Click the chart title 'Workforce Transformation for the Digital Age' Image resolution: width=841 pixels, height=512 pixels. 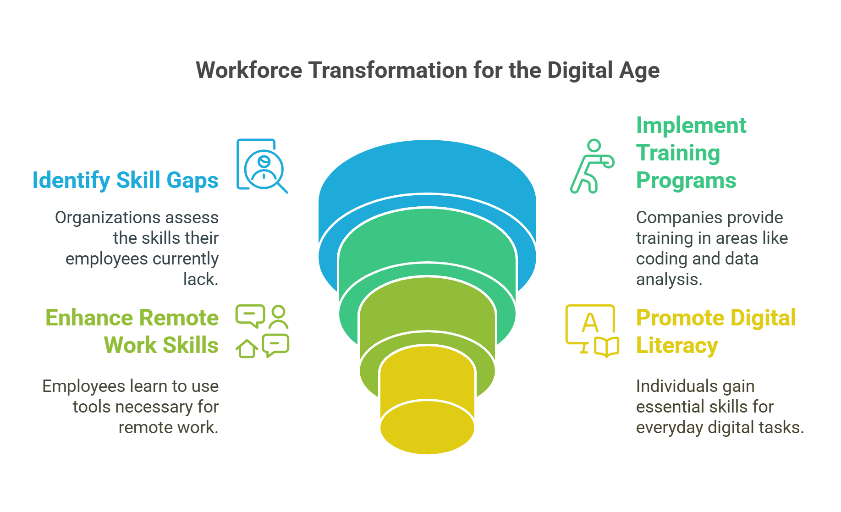[x=427, y=71]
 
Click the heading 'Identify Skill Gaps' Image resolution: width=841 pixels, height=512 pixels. [x=125, y=180]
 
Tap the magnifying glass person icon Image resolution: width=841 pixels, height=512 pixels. [x=262, y=166]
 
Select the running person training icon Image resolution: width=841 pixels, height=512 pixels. [x=591, y=166]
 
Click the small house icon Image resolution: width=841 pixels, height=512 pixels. [x=247, y=349]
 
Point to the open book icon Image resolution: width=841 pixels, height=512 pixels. [x=606, y=347]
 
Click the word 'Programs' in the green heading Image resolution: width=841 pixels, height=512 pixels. [x=686, y=180]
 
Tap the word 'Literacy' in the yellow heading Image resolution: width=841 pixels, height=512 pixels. [x=676, y=345]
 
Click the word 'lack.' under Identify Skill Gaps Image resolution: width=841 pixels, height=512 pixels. [x=201, y=279]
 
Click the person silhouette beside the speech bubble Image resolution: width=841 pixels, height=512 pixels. [x=278, y=317]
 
